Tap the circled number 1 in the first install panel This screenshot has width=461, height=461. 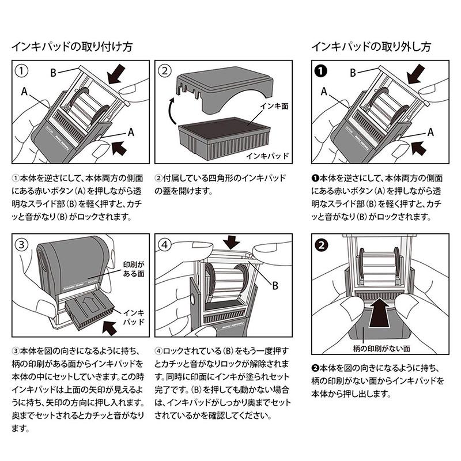pos(20,71)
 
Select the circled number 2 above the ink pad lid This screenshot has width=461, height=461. pos(165,71)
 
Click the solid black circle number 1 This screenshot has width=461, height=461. pos(320,71)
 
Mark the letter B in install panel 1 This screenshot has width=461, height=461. pos(52,72)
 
